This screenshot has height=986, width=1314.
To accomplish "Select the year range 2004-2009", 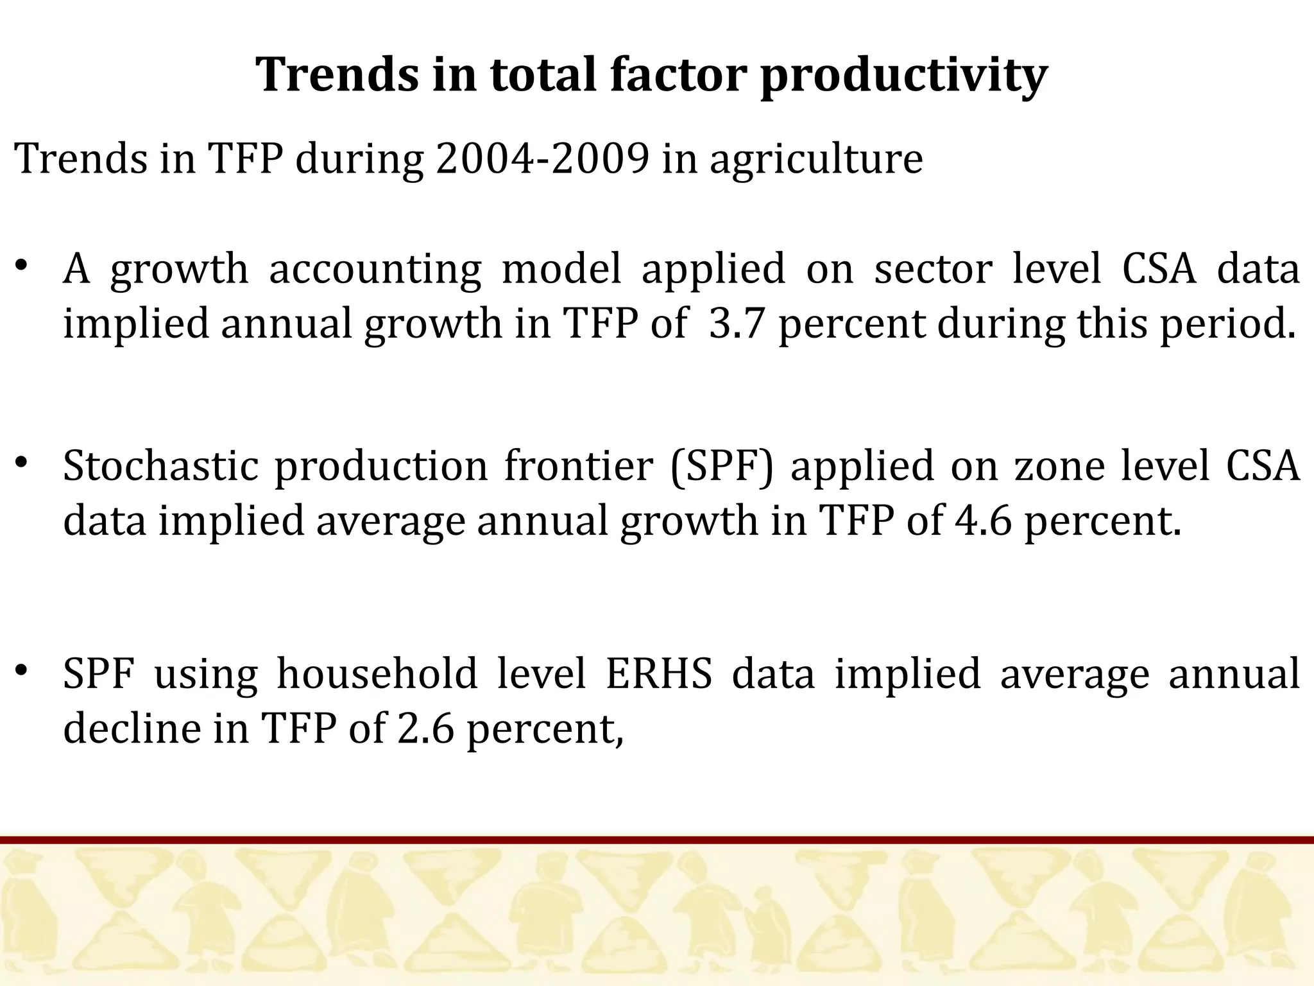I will (542, 159).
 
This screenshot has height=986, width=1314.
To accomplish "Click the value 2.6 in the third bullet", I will (425, 729).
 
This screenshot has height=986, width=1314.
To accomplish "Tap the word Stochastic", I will (160, 465).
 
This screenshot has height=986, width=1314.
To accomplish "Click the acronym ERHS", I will (659, 673).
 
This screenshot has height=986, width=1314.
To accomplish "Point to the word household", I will (377, 673).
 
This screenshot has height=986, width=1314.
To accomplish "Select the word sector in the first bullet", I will (934, 268).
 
